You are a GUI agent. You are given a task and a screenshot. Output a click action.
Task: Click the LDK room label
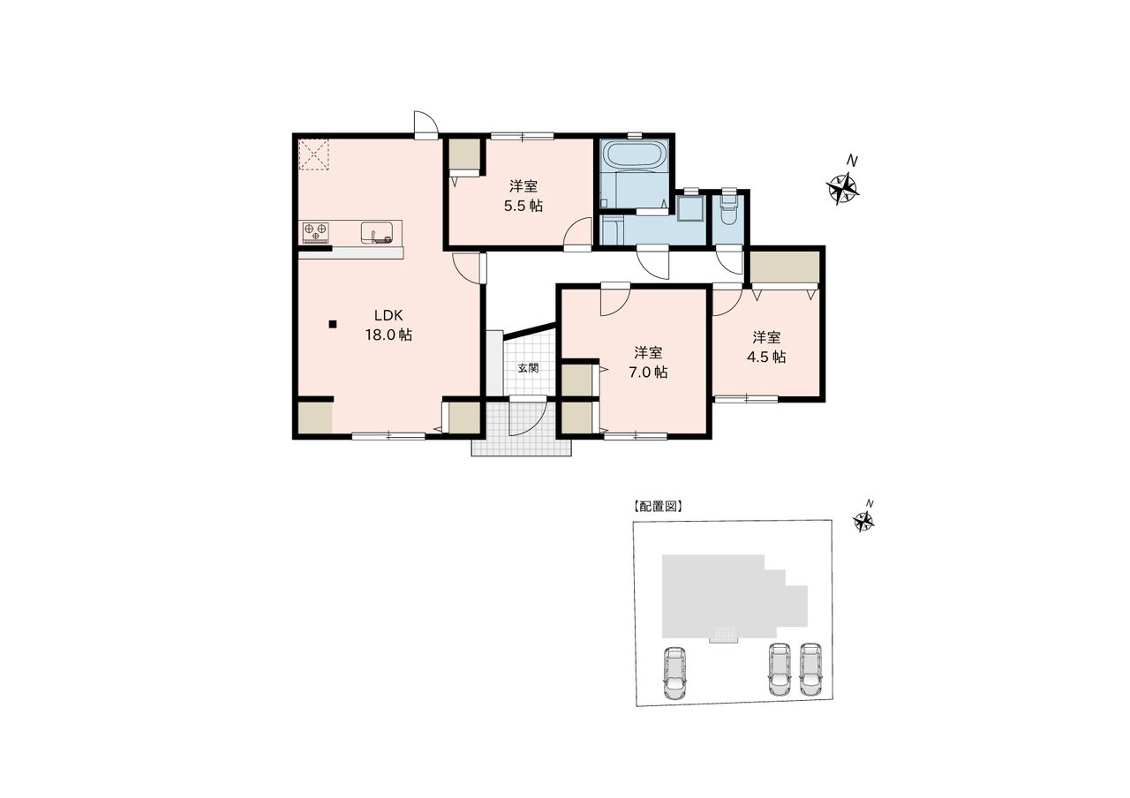point(388,316)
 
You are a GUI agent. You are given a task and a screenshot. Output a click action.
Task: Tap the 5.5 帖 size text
point(524,206)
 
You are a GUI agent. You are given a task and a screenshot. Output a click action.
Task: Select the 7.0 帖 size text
point(648,373)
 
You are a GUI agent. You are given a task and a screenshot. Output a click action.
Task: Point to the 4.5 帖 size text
point(765,358)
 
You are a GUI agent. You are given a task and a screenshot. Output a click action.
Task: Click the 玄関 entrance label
point(528,368)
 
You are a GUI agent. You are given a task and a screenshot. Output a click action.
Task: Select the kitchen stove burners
point(316,231)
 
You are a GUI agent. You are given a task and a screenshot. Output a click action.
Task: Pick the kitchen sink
point(376,232)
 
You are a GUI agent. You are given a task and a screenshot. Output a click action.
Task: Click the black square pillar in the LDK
point(333,324)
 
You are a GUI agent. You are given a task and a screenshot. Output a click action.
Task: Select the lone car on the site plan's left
point(674,673)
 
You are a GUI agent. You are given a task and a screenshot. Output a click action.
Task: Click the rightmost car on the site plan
point(810,670)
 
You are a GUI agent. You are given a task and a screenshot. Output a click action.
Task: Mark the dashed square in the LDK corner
point(313,154)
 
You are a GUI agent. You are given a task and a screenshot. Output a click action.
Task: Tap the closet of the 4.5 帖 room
point(784,267)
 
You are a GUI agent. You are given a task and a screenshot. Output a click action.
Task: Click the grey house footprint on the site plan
point(727,597)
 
